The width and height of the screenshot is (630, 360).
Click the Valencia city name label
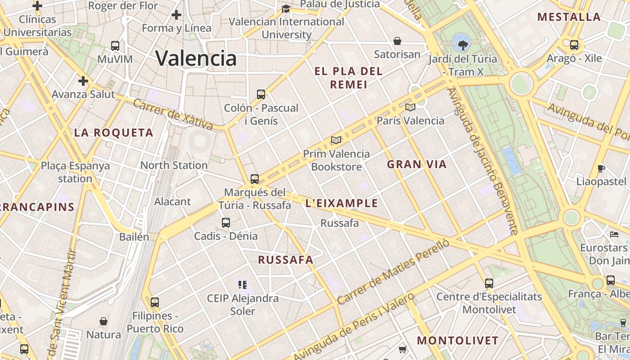point(196,58)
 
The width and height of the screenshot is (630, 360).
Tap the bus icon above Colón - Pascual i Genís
point(261,94)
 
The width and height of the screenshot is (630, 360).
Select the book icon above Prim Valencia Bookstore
point(336,140)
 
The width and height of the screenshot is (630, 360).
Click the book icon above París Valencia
point(410,107)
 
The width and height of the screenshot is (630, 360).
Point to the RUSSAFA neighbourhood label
point(286,260)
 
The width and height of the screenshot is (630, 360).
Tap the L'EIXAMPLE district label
point(342,203)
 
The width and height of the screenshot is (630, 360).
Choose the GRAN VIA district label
point(417,164)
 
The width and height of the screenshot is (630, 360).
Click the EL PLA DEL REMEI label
point(349,77)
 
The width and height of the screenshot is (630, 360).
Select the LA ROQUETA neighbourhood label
point(114,133)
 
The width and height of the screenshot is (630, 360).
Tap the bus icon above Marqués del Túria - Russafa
point(255,179)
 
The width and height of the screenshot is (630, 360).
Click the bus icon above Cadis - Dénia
point(226,222)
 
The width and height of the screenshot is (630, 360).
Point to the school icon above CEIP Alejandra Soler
point(243,284)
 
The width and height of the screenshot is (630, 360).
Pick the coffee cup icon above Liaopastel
point(601,168)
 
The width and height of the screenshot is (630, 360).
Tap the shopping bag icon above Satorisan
point(397,41)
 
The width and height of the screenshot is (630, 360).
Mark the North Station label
point(174,165)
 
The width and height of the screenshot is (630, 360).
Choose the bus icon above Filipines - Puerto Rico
point(155,302)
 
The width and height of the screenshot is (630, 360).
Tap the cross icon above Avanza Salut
point(83,81)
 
